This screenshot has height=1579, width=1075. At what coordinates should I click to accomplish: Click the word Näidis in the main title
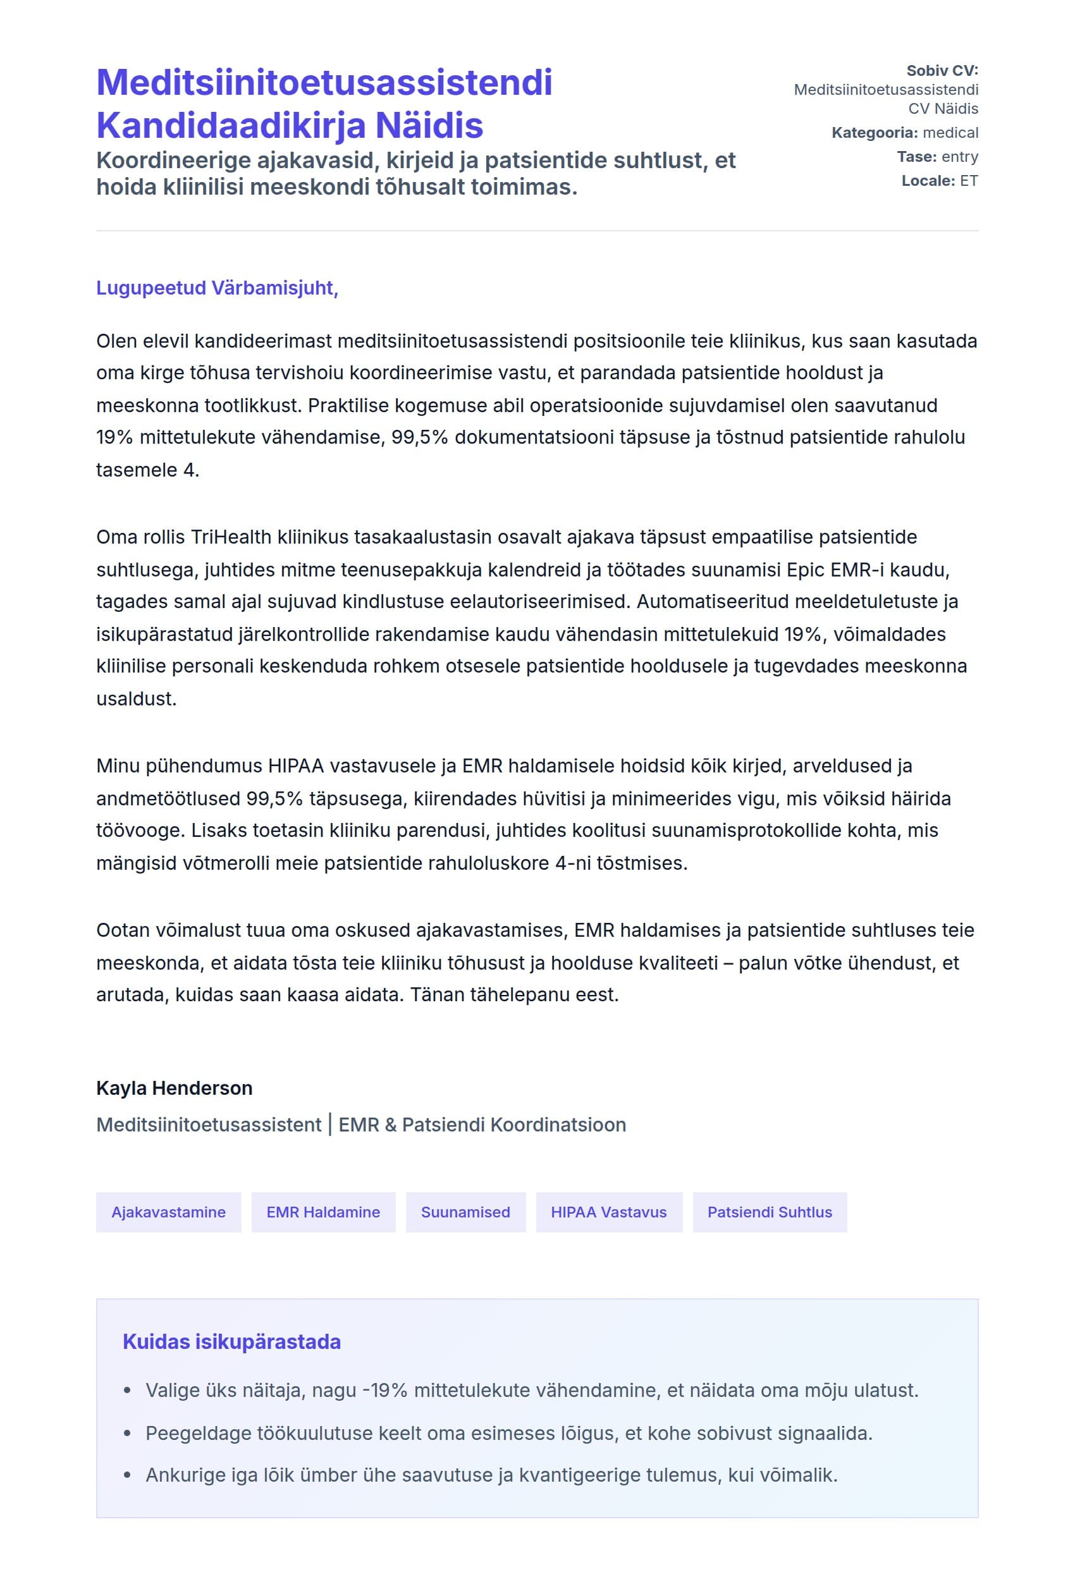point(429,126)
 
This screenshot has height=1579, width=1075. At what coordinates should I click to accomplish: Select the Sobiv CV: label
point(942,71)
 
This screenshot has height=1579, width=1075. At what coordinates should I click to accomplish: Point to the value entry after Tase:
point(959,157)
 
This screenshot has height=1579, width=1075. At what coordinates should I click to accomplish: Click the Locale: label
point(928,181)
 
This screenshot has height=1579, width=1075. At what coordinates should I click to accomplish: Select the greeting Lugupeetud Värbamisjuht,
point(217,288)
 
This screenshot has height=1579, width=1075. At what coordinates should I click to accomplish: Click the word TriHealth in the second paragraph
point(230,537)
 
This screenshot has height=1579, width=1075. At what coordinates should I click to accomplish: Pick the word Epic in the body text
point(805,570)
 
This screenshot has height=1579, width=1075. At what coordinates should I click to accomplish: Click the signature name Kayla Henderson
point(174,1088)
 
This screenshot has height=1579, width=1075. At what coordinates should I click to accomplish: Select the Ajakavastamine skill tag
point(168,1213)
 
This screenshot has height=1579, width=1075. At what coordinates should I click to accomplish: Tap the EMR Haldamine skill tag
point(324,1213)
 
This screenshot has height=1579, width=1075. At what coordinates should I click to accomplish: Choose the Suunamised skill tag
point(465,1213)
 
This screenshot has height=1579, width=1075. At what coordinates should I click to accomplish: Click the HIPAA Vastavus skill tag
point(609,1213)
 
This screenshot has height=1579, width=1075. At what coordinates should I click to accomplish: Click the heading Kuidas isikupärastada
point(231,1342)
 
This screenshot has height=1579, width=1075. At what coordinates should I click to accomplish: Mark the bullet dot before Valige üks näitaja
point(127,1391)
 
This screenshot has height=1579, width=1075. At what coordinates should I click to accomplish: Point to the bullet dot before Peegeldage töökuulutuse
point(127,1434)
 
